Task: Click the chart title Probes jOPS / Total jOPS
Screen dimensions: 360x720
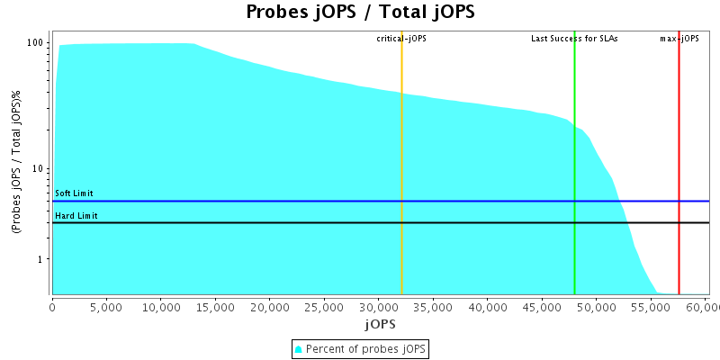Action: pos(360,13)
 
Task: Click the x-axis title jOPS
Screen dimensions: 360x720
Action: pos(380,322)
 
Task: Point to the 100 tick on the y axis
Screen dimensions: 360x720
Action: pos(36,43)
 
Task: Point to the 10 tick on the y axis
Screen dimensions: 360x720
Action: pos(39,169)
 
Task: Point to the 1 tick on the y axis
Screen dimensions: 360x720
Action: pos(41,259)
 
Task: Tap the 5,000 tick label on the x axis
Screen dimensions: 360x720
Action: pos(106,306)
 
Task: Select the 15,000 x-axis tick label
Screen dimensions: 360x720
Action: pos(215,306)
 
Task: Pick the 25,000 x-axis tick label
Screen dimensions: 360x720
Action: pos(324,306)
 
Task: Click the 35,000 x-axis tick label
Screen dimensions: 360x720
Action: pos(433,306)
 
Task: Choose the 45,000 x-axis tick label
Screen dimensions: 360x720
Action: pos(542,306)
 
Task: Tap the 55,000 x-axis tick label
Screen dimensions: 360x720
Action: pos(651,306)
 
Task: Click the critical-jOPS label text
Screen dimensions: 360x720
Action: pos(401,39)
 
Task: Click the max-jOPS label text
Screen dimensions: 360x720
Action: pos(679,39)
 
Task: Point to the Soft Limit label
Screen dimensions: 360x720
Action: pos(74,193)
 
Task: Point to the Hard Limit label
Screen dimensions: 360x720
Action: pos(75,215)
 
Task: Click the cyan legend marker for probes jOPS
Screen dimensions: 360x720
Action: pos(299,349)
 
